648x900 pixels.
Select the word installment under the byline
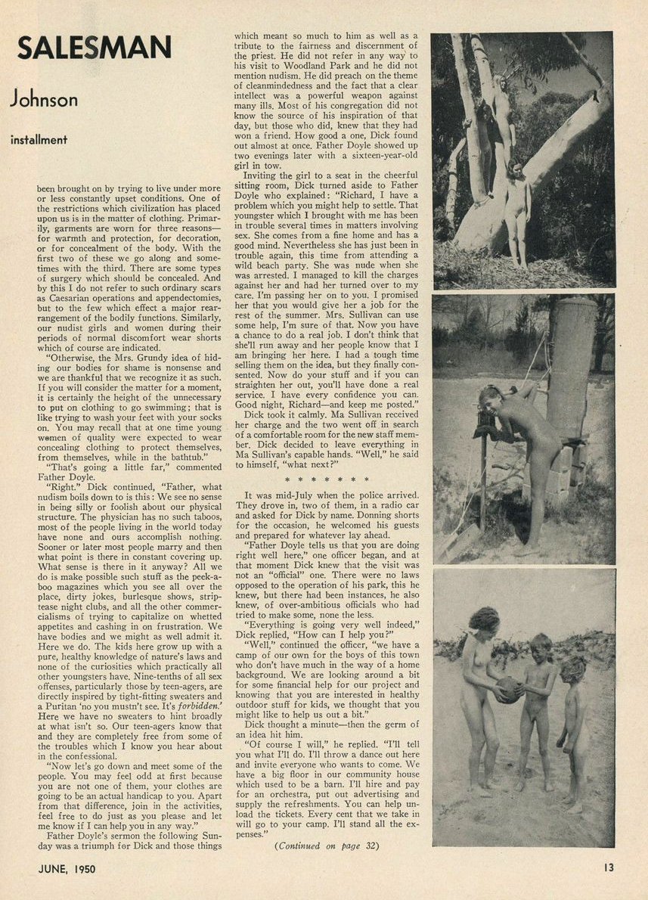pos(39,139)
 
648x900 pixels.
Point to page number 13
pos(609,867)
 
